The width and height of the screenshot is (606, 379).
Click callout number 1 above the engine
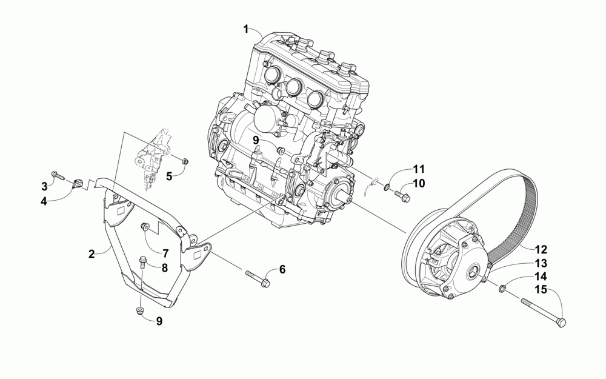click(246, 29)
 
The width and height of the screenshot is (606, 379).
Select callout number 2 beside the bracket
click(92, 254)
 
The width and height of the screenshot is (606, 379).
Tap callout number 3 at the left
click(44, 186)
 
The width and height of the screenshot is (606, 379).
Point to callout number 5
click(170, 176)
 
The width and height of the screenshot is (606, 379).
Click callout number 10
click(419, 183)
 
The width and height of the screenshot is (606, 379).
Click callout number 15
click(541, 290)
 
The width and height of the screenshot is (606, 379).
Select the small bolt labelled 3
click(58, 176)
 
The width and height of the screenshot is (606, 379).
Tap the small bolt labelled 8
click(143, 263)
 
